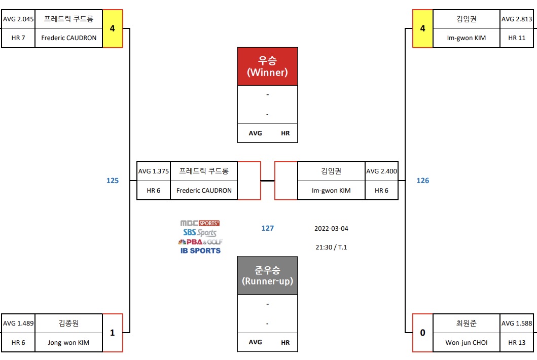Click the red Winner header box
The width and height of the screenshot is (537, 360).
tap(267, 66)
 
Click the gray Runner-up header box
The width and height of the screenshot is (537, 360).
tap(267, 275)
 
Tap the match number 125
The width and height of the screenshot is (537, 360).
tap(113, 181)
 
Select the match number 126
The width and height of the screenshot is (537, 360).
tap(422, 181)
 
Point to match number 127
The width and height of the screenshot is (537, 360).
tap(268, 228)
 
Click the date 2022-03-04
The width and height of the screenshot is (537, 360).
tap(331, 228)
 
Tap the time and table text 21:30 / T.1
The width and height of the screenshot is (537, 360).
tap(331, 247)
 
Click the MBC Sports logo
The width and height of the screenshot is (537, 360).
tap(200, 223)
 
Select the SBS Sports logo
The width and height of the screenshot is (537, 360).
tap(200, 233)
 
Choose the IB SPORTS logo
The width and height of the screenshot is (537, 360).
tap(200, 250)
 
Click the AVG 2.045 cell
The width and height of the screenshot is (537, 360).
tap(18, 19)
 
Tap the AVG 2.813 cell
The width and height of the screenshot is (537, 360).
tap(517, 19)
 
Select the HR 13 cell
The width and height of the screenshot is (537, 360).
tap(517, 342)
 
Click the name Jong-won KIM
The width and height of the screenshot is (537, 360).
tap(69, 342)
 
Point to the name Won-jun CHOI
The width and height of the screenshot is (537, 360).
tap(466, 342)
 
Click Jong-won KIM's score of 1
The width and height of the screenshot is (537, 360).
tap(113, 333)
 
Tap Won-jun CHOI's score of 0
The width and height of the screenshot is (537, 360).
tap(422, 333)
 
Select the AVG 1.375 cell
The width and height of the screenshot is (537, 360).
tap(153, 171)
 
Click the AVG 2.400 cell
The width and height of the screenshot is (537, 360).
tap(381, 171)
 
